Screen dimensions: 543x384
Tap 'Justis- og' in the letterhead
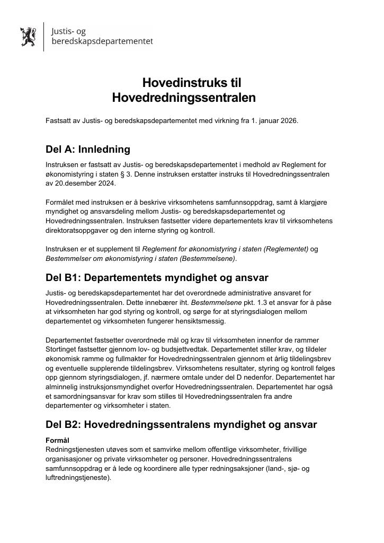pos(68,31)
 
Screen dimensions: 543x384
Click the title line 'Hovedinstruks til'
pos(192,83)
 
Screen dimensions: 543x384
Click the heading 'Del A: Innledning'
pos(87,150)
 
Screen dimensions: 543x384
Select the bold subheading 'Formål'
pos(57,440)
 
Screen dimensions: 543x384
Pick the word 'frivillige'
pos(292,449)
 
